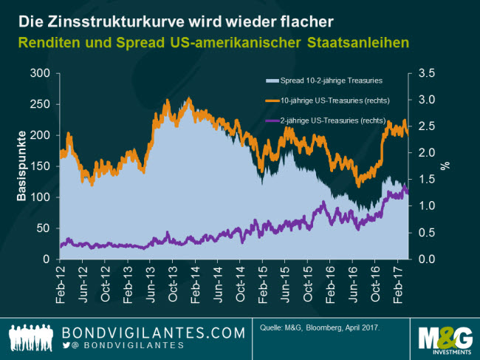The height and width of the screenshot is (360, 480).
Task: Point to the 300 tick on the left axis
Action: [38, 73]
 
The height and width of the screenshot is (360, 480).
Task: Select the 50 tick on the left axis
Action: [41, 228]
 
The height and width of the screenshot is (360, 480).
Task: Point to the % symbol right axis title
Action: [445, 166]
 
